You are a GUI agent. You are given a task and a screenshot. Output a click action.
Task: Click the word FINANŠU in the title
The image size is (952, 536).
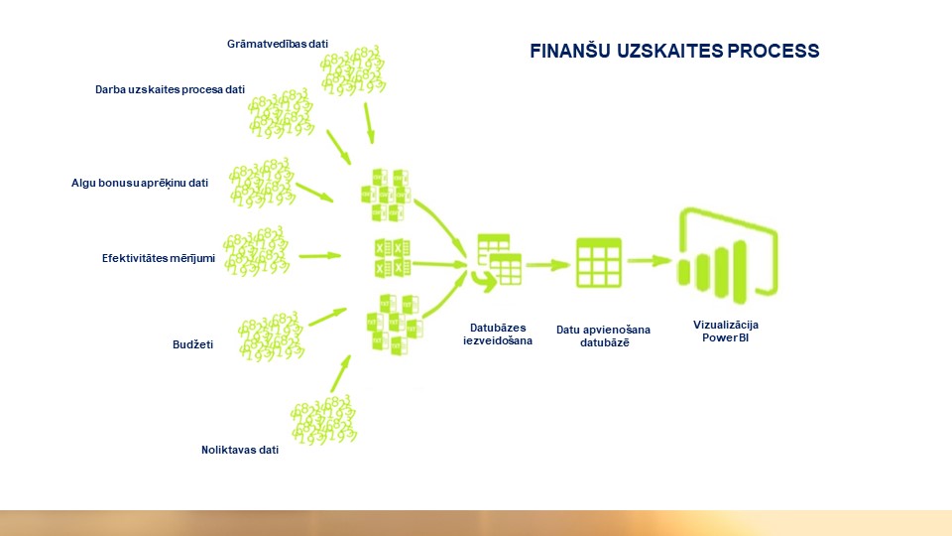570,51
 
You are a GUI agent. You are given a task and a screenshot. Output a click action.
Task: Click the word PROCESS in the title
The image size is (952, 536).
773,51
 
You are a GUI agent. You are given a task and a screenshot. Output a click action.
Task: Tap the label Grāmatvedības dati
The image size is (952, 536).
278,44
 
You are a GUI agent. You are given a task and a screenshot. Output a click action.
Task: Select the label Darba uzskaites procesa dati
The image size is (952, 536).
170,89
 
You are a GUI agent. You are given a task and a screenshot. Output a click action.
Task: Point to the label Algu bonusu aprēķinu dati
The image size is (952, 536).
140,183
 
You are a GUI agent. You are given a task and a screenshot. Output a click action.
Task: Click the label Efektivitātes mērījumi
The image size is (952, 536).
159,258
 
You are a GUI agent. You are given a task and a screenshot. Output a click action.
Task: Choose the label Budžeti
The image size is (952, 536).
193,344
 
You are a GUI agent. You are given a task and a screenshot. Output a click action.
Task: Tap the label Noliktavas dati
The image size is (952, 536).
240,450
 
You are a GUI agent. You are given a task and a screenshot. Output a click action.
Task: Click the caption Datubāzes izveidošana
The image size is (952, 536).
498,335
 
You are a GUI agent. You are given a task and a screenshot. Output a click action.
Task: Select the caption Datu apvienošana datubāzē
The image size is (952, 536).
604,336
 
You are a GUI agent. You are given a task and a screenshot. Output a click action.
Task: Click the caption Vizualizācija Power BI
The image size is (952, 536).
726,332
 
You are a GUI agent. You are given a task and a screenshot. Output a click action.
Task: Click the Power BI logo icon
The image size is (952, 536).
727,256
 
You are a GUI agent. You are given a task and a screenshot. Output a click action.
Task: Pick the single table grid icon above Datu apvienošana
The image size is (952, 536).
599,262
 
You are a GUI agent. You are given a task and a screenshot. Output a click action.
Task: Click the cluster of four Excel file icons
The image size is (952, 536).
393,258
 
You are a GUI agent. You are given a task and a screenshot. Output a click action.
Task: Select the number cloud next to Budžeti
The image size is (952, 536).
271,336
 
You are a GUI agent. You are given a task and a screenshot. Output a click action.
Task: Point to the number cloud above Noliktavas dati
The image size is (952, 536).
323,419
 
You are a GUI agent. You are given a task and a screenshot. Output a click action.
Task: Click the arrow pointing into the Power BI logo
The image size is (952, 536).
650,261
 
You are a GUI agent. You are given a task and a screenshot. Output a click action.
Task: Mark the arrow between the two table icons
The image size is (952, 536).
548,264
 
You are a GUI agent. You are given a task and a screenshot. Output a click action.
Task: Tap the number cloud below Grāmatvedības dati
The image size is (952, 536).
353,70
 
